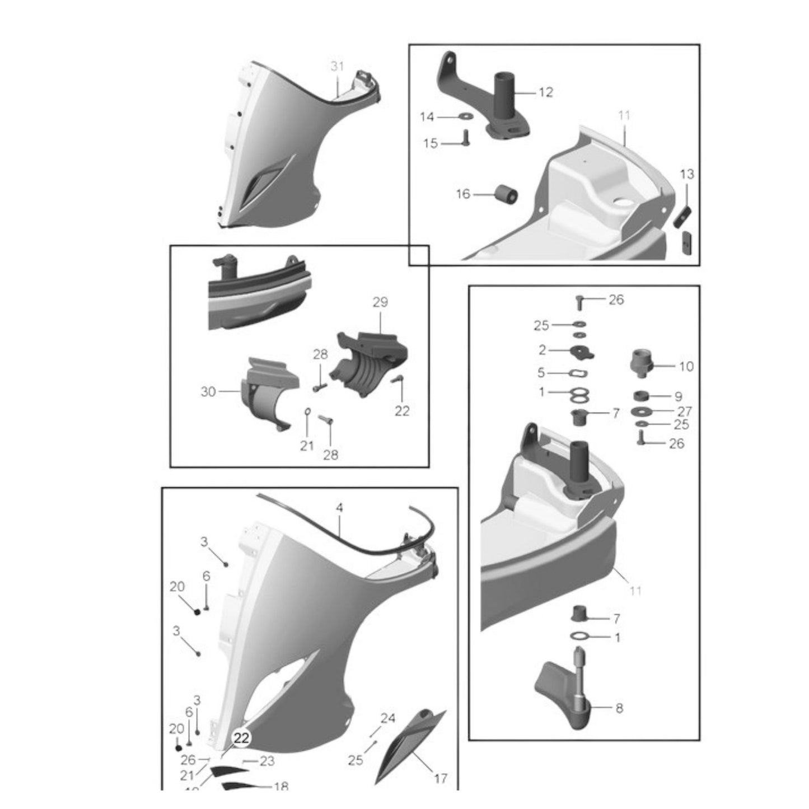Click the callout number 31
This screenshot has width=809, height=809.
click(x=336, y=67)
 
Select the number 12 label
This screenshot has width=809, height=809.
click(x=545, y=92)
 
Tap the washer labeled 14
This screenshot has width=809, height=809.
click(x=464, y=116)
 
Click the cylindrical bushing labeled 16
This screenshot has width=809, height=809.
click(x=506, y=195)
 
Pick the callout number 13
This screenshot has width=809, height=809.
click(x=686, y=175)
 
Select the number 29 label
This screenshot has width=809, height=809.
click(x=380, y=302)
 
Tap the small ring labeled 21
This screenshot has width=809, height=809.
click(x=307, y=413)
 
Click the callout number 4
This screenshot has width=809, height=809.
click(x=339, y=508)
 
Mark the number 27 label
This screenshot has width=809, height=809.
click(x=685, y=411)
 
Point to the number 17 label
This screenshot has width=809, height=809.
click(x=441, y=778)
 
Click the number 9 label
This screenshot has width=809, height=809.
click(x=678, y=396)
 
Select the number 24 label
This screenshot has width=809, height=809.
click(x=388, y=718)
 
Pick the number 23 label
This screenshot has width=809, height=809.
click(x=267, y=761)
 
